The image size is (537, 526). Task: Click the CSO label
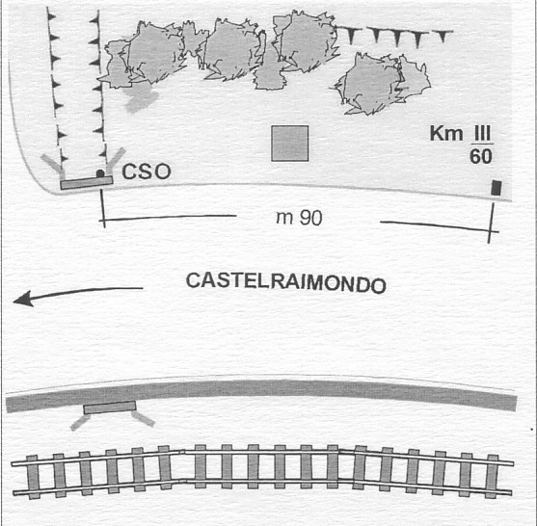point(147,171)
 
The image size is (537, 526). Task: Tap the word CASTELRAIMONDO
point(286,282)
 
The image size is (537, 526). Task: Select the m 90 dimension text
point(299,218)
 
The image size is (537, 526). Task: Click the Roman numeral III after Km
point(483,134)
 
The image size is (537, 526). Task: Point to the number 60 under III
point(481,157)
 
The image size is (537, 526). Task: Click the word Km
point(446,133)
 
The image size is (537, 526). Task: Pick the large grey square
point(290,143)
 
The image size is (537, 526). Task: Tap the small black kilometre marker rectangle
point(497,188)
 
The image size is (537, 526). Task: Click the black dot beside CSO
point(100,173)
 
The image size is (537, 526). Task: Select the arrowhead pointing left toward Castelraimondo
point(23,299)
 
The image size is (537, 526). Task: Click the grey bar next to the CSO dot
point(87,183)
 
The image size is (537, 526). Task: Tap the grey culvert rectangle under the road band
point(110,408)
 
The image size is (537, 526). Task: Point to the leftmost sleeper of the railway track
point(33,477)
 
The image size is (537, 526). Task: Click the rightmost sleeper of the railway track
point(492,476)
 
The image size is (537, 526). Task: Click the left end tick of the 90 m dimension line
point(102,209)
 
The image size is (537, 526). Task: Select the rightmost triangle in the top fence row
point(443,36)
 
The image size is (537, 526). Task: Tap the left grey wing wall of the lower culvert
point(80,422)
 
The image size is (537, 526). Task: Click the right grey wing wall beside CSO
point(115,161)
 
